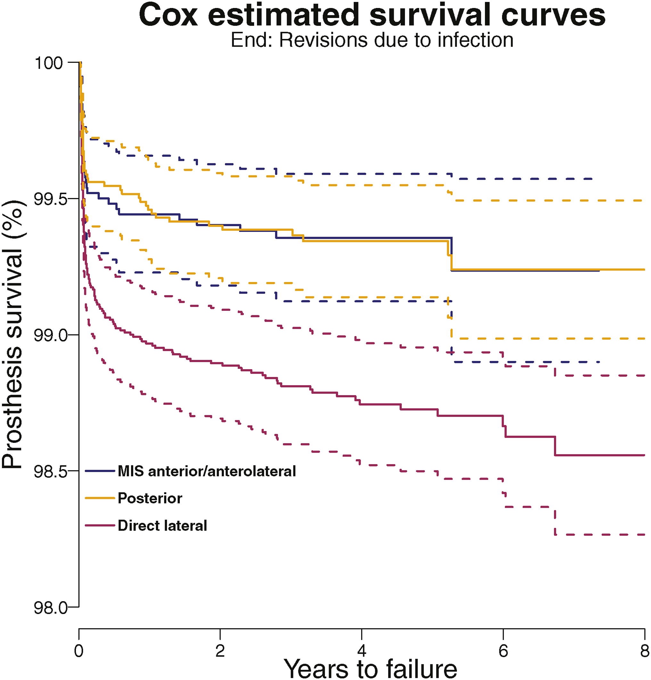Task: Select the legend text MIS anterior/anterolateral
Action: coord(207,471)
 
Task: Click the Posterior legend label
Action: coord(150,498)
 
